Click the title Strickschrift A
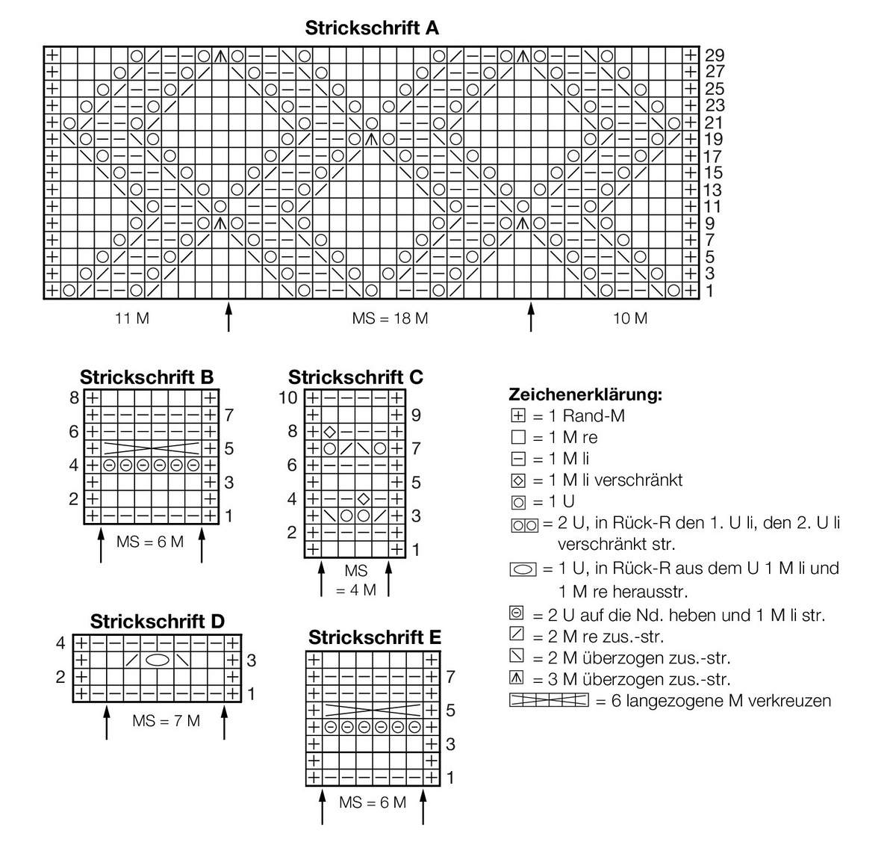click(372, 28)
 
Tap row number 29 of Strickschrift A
click(715, 55)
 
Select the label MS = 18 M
click(390, 319)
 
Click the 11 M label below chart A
click(132, 319)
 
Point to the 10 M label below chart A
click(630, 319)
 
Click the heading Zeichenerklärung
click(585, 394)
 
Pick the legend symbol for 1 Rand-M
click(518, 416)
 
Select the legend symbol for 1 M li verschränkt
click(518, 480)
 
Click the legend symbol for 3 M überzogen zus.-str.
click(517, 679)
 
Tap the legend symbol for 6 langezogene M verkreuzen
click(547, 701)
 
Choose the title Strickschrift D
click(157, 622)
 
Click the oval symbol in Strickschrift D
click(157, 660)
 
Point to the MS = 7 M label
click(166, 721)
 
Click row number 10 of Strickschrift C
click(288, 398)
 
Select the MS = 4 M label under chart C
click(356, 580)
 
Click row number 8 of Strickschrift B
click(74, 398)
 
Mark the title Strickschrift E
click(375, 638)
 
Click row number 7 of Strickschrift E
click(450, 677)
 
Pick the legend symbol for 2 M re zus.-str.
click(517, 637)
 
